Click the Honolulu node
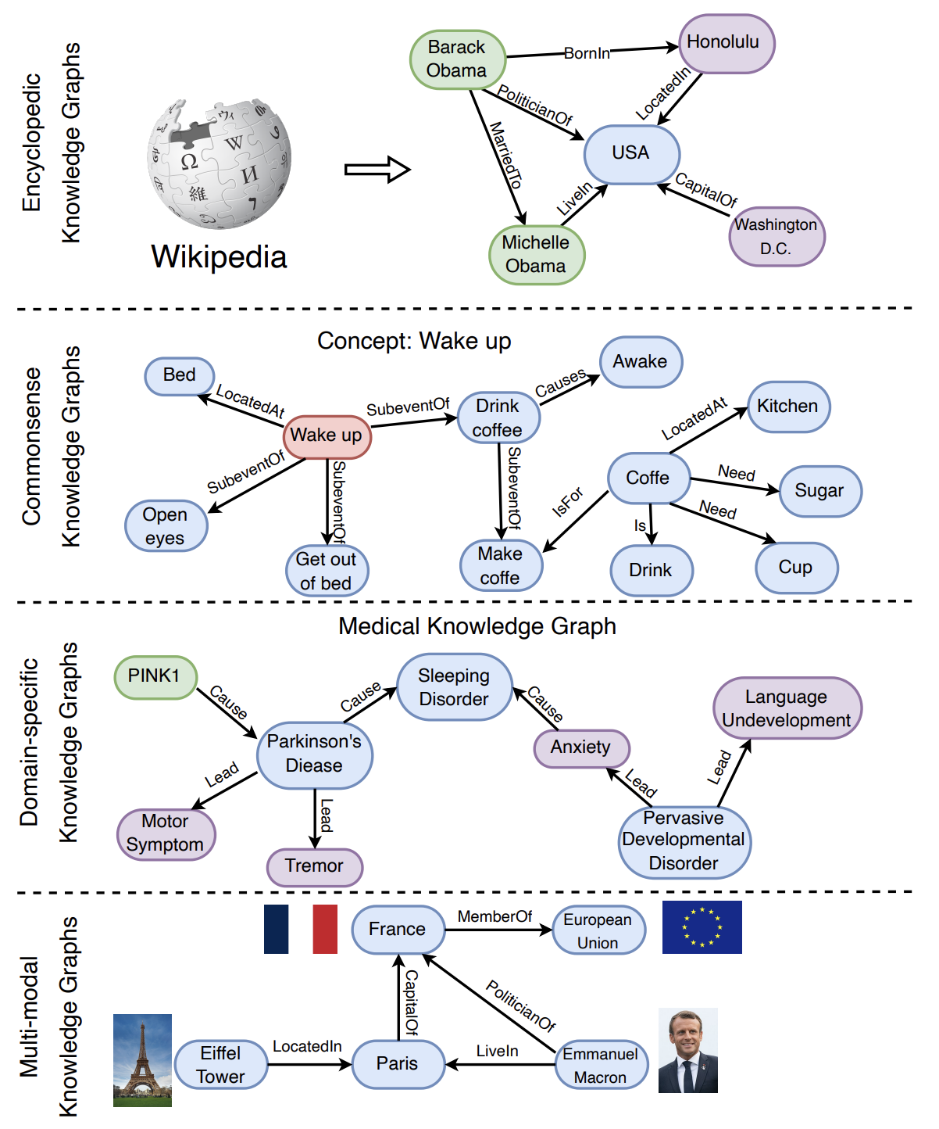tap(727, 44)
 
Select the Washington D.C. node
tap(777, 236)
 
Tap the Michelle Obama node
tap(537, 255)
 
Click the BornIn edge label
tap(587, 53)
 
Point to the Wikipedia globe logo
tap(219, 163)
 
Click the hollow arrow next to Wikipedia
tap(377, 170)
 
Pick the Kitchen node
tap(788, 407)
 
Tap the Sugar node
tap(820, 491)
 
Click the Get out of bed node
tap(327, 571)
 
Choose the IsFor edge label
tap(567, 502)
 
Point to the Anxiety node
tap(581, 748)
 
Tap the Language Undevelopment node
tap(787, 708)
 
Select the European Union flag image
tap(702, 926)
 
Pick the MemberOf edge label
tap(494, 916)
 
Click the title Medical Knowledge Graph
tap(477, 626)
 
